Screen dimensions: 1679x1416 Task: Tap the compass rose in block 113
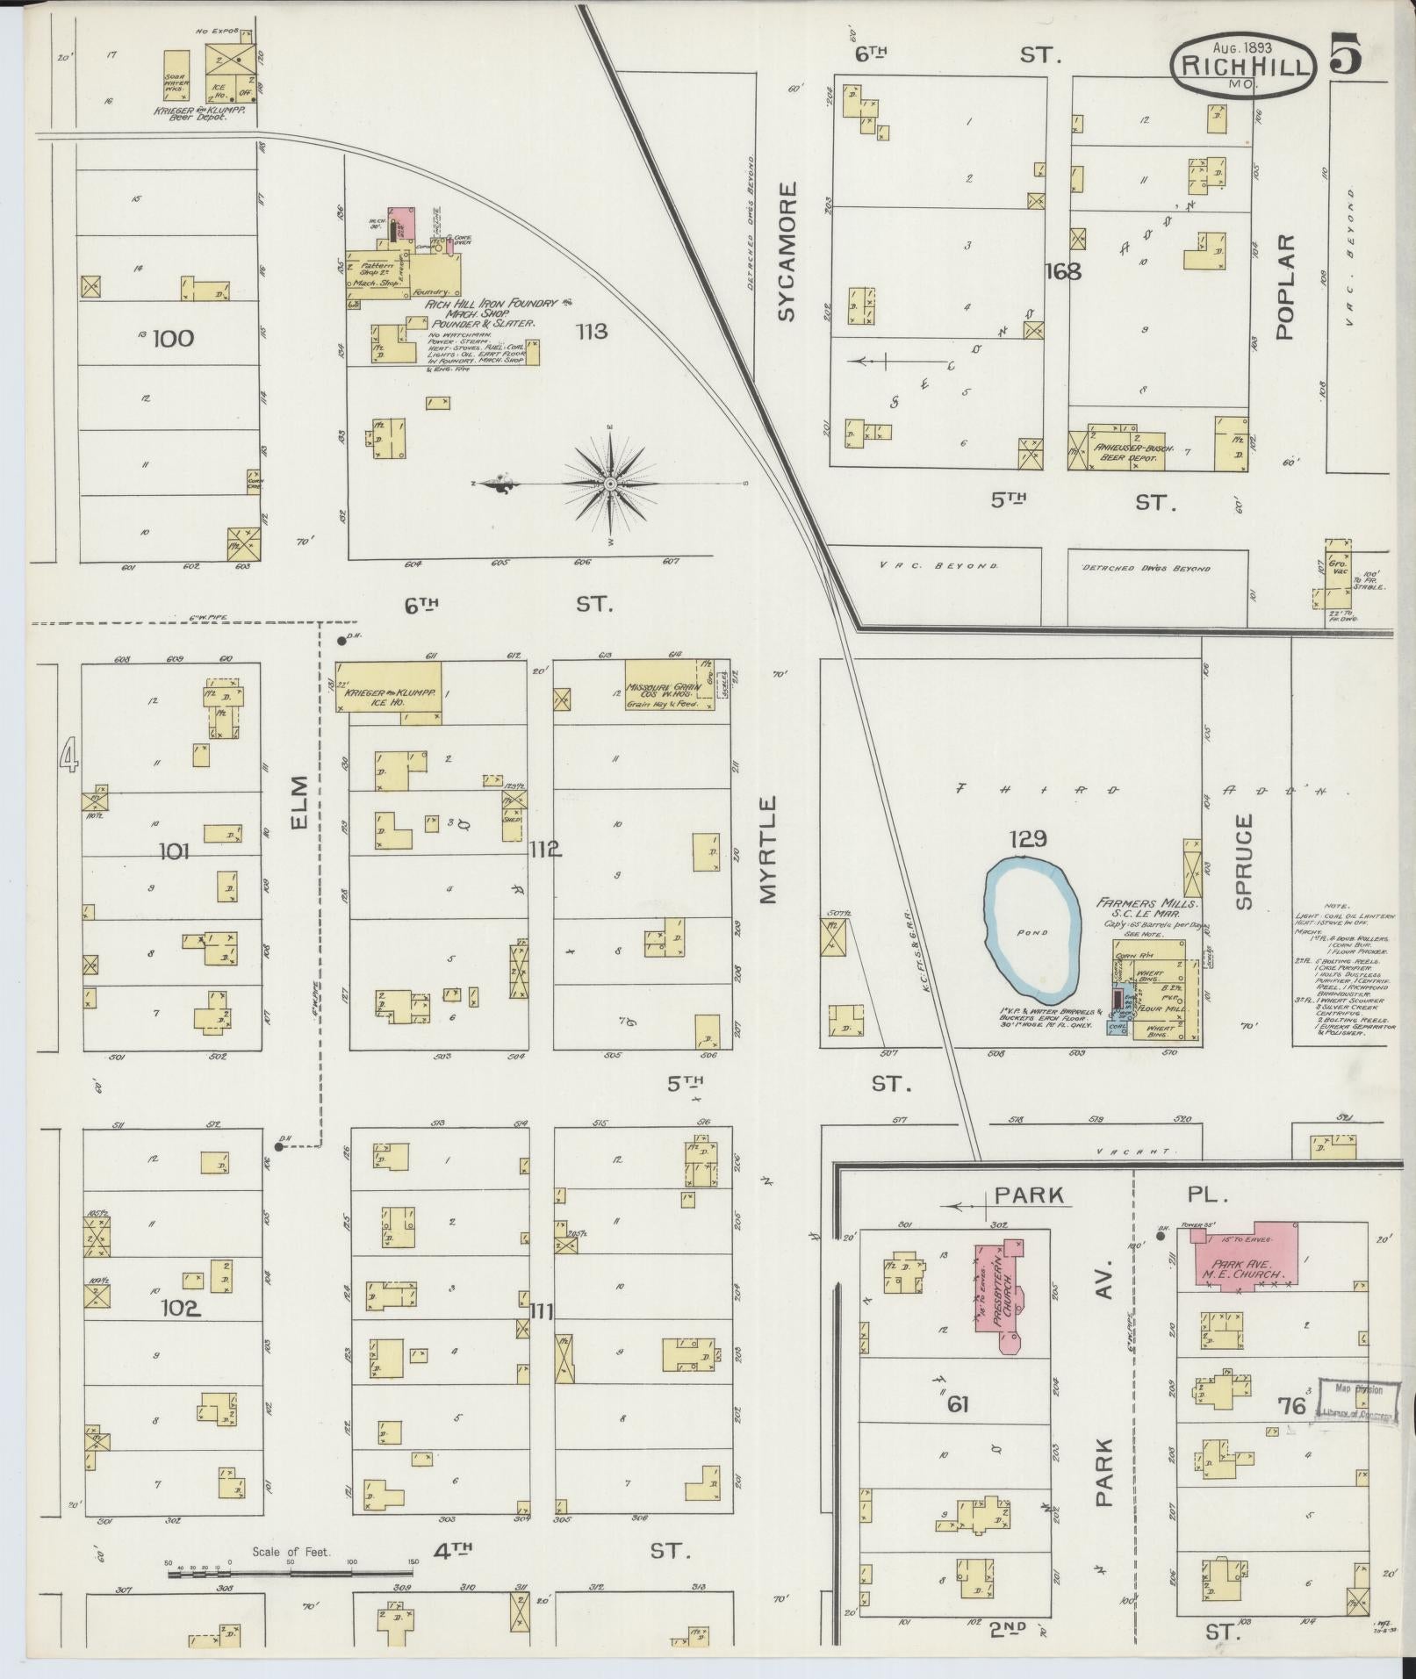click(x=609, y=484)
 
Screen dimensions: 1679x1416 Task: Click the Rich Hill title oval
click(x=1242, y=63)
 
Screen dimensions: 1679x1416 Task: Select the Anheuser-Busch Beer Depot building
click(x=1132, y=450)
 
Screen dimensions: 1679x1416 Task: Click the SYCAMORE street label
click(x=787, y=252)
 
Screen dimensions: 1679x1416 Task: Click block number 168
click(x=1062, y=272)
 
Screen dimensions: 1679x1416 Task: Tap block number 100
click(x=173, y=338)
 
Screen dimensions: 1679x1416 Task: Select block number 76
click(x=1296, y=1406)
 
